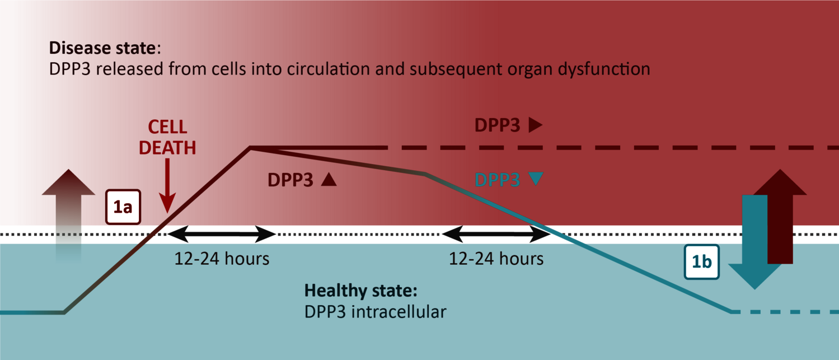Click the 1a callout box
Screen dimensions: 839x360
tap(123, 207)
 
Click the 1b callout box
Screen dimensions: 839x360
tap(701, 262)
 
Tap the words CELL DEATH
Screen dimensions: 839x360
tap(167, 138)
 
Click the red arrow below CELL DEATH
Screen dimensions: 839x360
tap(167, 186)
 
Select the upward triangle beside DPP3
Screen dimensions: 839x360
tap(329, 179)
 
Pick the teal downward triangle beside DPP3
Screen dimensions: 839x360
tap(536, 179)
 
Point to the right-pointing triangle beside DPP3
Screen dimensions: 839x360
tap(536, 125)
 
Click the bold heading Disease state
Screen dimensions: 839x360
tap(102, 48)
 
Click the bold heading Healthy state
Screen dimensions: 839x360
tap(360, 291)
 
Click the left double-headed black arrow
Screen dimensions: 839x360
tap(221, 235)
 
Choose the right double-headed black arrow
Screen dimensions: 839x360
tap(496, 235)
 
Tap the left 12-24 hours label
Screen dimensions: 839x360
tap(222, 259)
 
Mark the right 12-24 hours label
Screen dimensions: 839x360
tap(496, 259)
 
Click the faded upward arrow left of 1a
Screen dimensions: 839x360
tap(68, 213)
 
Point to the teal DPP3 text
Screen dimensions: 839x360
tap(498, 180)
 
